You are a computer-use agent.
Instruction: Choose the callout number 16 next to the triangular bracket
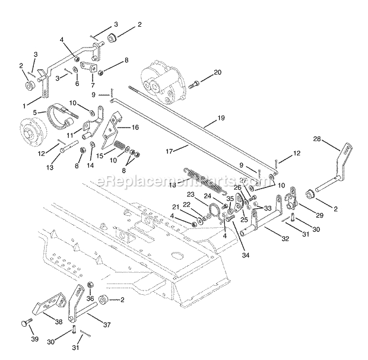click(135, 127)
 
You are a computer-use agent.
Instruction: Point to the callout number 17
click(169, 151)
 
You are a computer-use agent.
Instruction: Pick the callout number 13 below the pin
click(50, 167)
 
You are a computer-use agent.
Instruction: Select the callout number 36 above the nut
click(90, 300)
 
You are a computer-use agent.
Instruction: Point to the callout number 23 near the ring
click(191, 195)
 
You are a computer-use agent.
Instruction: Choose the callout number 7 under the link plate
click(91, 85)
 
